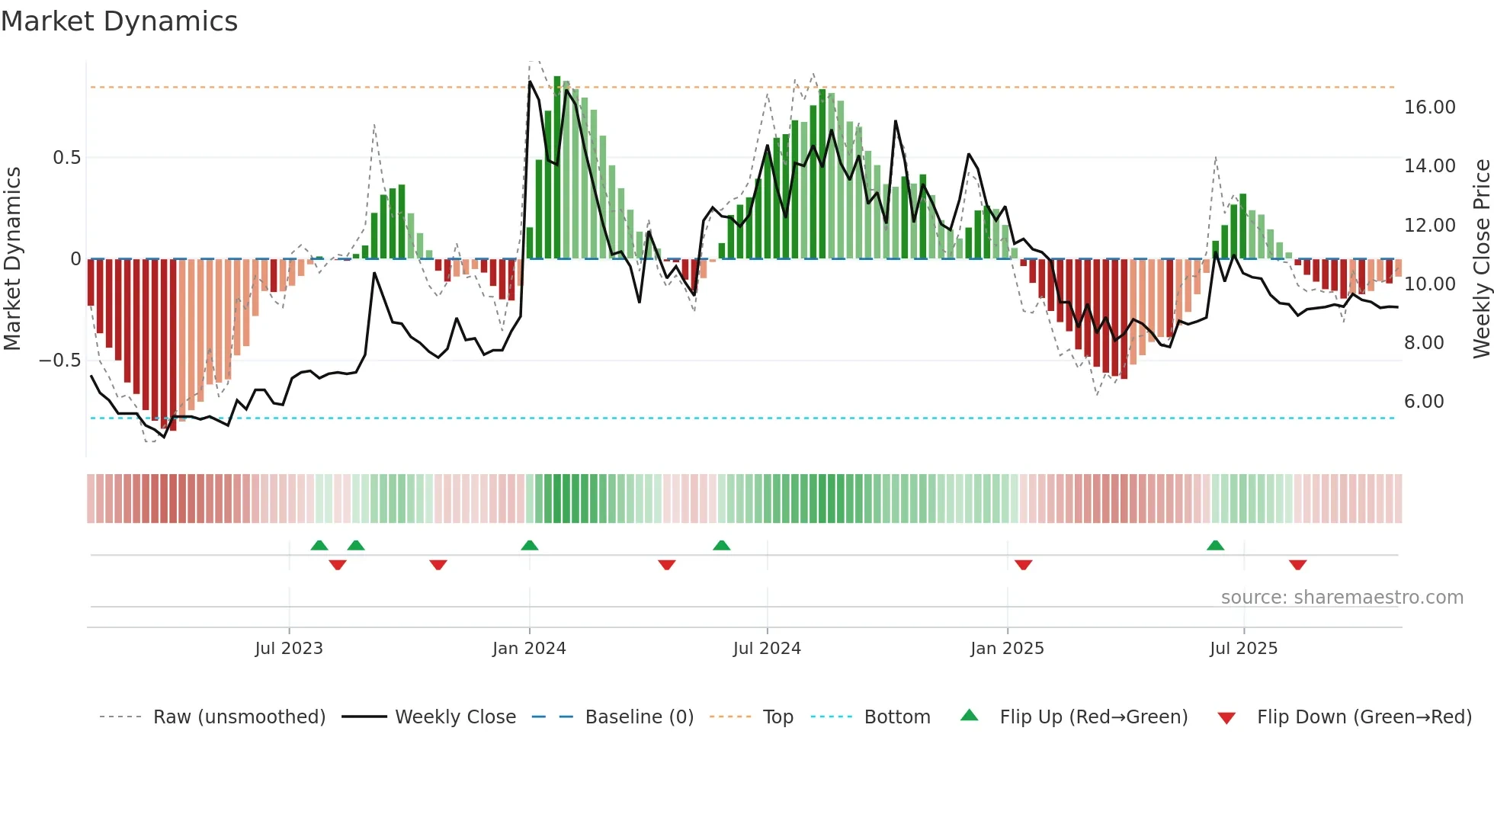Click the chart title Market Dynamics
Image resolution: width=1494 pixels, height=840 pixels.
click(119, 21)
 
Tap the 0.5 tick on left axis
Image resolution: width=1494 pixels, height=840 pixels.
click(66, 158)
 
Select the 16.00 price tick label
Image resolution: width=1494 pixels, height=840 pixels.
click(1429, 107)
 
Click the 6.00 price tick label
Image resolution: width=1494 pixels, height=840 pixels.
click(1423, 402)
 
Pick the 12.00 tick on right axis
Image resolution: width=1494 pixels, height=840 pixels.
click(1429, 226)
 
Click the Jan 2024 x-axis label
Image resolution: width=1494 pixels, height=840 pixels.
click(529, 649)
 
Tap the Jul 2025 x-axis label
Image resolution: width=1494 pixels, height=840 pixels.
click(1243, 649)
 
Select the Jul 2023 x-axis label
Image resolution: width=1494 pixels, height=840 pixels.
click(289, 649)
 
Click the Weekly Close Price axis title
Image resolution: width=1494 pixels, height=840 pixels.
click(1481, 258)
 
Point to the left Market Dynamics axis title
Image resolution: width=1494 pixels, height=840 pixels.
click(12, 258)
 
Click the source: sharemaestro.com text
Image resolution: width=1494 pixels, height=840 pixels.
click(1342, 598)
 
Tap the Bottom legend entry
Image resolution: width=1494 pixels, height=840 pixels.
click(896, 717)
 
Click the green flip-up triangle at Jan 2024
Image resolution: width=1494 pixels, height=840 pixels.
click(530, 545)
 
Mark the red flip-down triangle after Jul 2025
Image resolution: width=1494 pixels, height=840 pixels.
click(1297, 565)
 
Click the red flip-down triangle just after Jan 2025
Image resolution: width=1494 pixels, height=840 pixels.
click(1023, 565)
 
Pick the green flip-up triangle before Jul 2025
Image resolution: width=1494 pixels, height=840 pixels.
click(1215, 545)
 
